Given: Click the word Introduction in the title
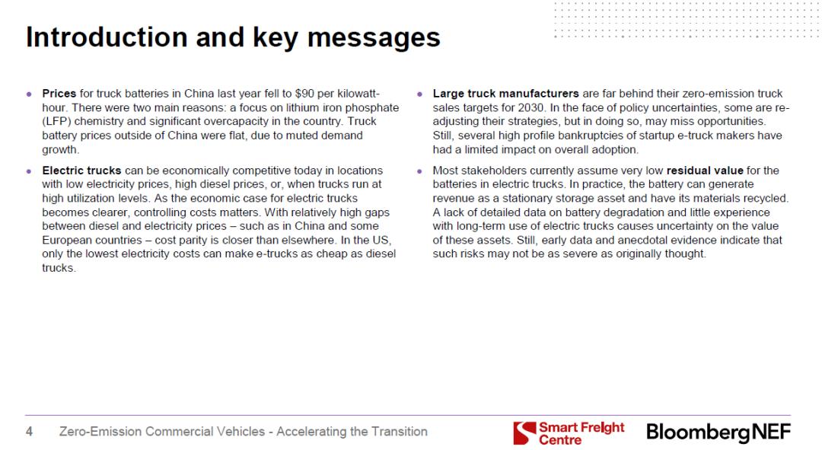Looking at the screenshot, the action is pyautogui.click(x=107, y=37).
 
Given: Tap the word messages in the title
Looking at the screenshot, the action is pyautogui.click(x=373, y=38).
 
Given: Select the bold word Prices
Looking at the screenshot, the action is pyautogui.click(x=59, y=94).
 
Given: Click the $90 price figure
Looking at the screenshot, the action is pyautogui.click(x=304, y=94).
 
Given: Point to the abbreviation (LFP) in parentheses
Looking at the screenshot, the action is pyautogui.click(x=56, y=121).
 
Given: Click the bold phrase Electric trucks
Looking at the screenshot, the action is pyautogui.click(x=81, y=171).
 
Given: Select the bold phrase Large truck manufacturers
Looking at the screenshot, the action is pyautogui.click(x=506, y=94).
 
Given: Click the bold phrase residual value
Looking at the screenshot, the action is pyautogui.click(x=705, y=171).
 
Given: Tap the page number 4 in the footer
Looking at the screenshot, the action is pyautogui.click(x=30, y=432).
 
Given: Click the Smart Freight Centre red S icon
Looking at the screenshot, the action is pyautogui.click(x=524, y=432).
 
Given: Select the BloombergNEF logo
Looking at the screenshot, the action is pyautogui.click(x=718, y=432).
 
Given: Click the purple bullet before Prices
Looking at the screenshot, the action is pyautogui.click(x=30, y=94).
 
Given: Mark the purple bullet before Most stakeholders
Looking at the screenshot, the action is pyautogui.click(x=419, y=171).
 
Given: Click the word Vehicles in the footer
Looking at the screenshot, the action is pyautogui.click(x=242, y=432).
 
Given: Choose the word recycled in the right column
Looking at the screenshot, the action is pyautogui.click(x=766, y=198).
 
